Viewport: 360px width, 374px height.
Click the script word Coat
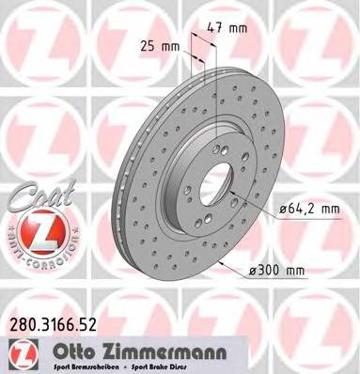click(x=35, y=198)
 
